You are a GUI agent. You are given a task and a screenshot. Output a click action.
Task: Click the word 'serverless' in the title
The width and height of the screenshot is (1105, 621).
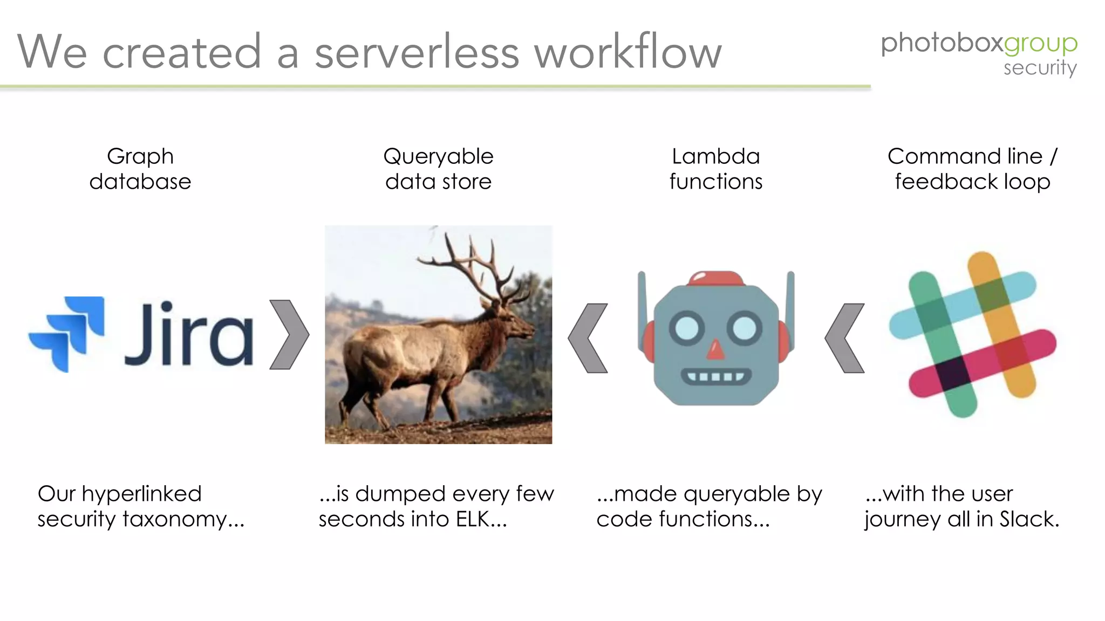pyautogui.click(x=417, y=52)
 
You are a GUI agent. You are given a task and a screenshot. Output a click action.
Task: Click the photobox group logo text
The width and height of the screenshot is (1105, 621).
pyautogui.click(x=978, y=43)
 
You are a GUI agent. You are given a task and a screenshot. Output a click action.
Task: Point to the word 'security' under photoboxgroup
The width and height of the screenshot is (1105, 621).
pyautogui.click(x=1040, y=68)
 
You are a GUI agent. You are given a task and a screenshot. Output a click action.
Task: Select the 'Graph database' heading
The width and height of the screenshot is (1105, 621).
pyautogui.click(x=140, y=169)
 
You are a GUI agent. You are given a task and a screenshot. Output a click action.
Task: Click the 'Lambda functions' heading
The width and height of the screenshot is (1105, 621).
pyautogui.click(x=715, y=169)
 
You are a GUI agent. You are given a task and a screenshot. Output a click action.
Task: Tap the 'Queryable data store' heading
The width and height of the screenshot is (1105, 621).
pyautogui.click(x=438, y=169)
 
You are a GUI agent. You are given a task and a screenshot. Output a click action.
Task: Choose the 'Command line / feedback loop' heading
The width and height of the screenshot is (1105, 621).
pyautogui.click(x=972, y=169)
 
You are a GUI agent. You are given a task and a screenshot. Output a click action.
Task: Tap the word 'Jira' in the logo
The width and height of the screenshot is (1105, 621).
pyautogui.click(x=189, y=334)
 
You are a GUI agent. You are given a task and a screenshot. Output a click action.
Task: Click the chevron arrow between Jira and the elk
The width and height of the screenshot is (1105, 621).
pyautogui.click(x=289, y=335)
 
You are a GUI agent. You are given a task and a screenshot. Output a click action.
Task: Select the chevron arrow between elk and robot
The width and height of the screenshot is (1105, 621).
pyautogui.click(x=588, y=338)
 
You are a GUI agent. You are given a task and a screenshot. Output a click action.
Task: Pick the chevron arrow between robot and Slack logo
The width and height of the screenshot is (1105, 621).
pyautogui.click(x=845, y=338)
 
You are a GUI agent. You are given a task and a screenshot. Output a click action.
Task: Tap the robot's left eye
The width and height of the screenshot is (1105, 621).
pyautogui.click(x=686, y=327)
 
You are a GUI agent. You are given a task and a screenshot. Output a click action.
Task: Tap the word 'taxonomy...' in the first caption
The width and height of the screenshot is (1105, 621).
pyautogui.click(x=183, y=519)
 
